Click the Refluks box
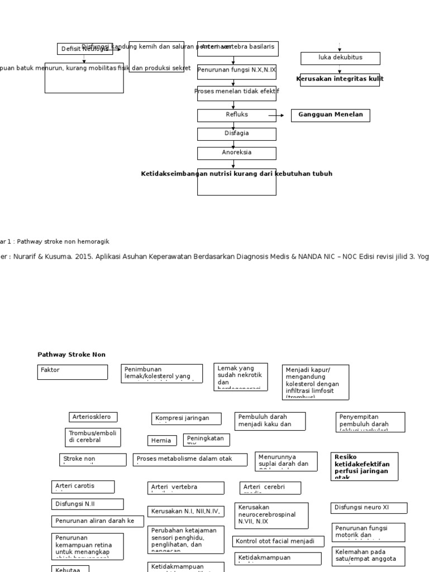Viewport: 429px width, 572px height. coord(236,115)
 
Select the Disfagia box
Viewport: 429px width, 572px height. coord(236,134)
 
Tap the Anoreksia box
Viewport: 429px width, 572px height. coord(236,153)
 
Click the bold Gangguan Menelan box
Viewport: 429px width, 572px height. coord(330,115)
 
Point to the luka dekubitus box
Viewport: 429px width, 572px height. coord(340,58)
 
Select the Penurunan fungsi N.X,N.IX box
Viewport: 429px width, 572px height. coord(236,70)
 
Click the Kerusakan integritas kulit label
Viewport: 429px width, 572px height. coord(340,79)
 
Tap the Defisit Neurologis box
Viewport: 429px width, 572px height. coord(84,49)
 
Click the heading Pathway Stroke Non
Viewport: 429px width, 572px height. coord(71,355)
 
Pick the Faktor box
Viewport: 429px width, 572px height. coord(73,372)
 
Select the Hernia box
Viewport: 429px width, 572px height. coord(162,441)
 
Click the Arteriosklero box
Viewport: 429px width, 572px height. coord(93,417)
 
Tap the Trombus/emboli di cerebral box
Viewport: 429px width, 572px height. coord(93,437)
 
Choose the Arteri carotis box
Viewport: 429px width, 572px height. coord(83,487)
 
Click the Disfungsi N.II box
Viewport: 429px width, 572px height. coord(88,504)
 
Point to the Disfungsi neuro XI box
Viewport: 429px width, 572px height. coord(369,508)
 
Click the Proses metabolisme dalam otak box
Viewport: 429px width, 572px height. coord(190,460)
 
